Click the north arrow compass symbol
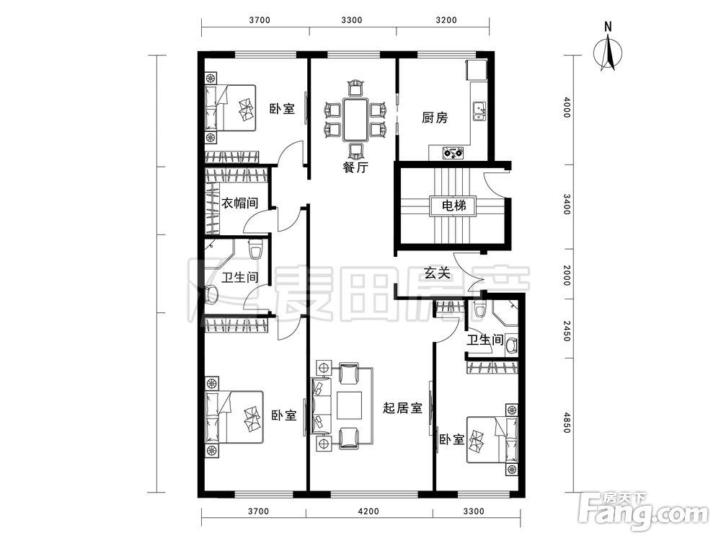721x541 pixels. coord(608,51)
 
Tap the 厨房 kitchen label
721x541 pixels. coord(435,118)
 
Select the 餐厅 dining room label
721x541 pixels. coord(355,167)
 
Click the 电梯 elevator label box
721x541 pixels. coord(454,206)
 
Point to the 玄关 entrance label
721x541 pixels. coord(436,273)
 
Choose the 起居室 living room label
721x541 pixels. coord(403,408)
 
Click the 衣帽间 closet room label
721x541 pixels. coord(239,203)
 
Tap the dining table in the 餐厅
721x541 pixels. coord(355,119)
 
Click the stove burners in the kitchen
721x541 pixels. coord(452,152)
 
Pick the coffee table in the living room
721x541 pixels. coord(349,405)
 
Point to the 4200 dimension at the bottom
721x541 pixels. coord(368,511)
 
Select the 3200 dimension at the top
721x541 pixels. coord(446,20)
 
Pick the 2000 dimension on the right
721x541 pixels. coord(567,275)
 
